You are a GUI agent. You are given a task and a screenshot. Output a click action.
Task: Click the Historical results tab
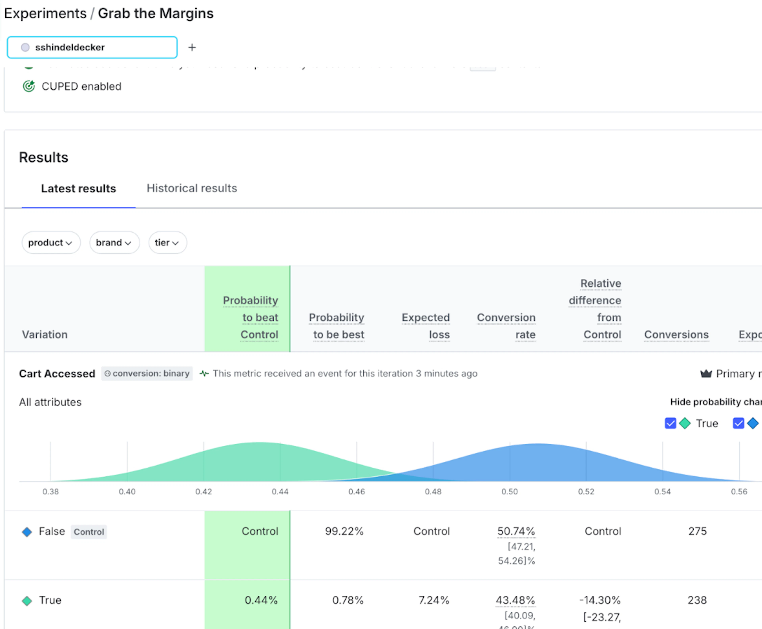(191, 188)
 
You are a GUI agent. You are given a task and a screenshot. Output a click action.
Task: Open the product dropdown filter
(50, 243)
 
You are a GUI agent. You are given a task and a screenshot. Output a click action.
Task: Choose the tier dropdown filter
(167, 243)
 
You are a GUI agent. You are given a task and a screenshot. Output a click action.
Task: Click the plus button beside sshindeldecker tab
(192, 47)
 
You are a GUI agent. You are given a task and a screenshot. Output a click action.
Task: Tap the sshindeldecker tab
(92, 47)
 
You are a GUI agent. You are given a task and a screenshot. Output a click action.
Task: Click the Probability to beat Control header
(251, 317)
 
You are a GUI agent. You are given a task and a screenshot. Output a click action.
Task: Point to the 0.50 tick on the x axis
(510, 492)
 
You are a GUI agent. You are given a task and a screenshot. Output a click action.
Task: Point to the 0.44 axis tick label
(280, 492)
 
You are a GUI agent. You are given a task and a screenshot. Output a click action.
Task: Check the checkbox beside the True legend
(670, 423)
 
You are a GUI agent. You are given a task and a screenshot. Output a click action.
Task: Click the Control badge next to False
(89, 532)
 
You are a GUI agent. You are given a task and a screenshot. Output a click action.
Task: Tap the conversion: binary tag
(147, 374)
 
